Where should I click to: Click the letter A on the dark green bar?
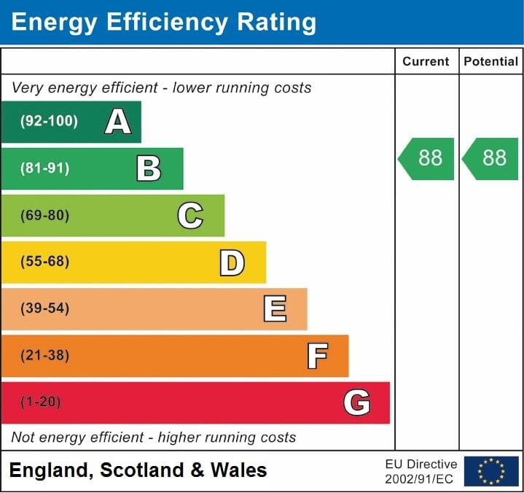click(118, 122)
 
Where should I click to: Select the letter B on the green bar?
click(149, 168)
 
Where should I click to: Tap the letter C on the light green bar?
click(190, 215)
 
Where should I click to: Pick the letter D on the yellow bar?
click(232, 262)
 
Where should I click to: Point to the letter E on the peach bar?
click(275, 308)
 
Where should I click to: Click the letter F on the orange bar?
click(317, 356)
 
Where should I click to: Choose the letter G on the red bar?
click(357, 403)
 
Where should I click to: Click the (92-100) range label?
click(49, 122)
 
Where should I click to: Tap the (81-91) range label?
click(45, 168)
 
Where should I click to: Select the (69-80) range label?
click(45, 215)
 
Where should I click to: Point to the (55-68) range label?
click(45, 262)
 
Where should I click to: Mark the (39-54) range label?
click(45, 308)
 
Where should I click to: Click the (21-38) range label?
click(45, 356)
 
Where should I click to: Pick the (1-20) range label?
click(41, 403)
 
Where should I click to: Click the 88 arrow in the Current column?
click(427, 158)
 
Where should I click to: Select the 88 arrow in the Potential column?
click(492, 158)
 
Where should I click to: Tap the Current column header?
click(426, 62)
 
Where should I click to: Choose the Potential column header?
click(491, 62)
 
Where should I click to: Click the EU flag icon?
click(491, 471)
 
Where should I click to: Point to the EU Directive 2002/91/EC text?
click(421, 471)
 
